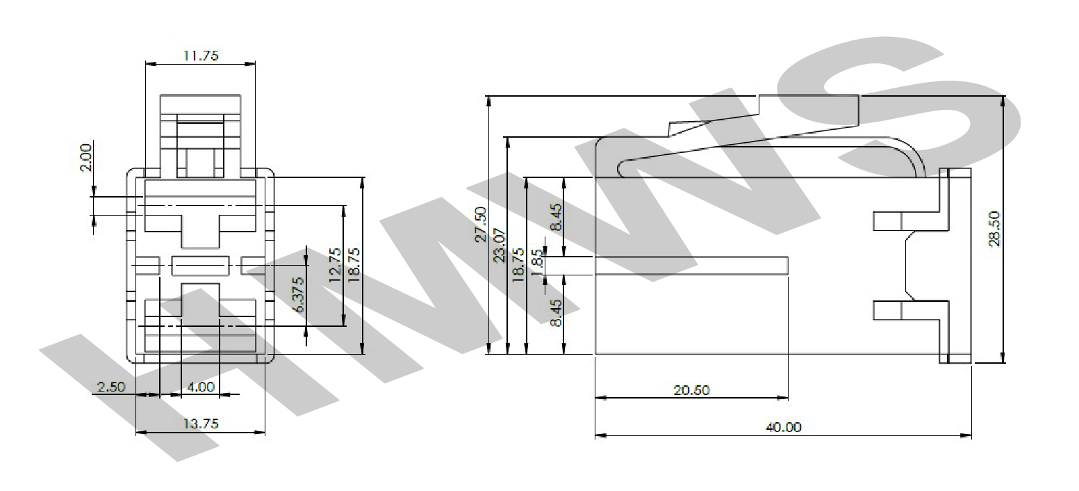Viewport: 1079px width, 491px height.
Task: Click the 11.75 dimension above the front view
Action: [x=201, y=56]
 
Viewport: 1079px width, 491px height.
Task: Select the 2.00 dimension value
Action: [x=85, y=157]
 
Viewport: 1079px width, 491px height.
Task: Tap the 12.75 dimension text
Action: [x=335, y=265]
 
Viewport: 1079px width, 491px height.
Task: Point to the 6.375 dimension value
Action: [x=298, y=295]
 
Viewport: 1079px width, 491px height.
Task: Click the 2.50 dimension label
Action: [x=110, y=387]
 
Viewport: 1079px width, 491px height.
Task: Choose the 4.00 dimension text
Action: [x=200, y=387]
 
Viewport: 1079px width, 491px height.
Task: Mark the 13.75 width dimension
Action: [x=201, y=424]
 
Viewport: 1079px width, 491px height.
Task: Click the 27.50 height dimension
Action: [x=481, y=224]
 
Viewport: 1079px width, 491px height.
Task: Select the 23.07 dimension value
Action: [x=500, y=245]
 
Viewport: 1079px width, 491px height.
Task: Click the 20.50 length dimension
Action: [x=692, y=389]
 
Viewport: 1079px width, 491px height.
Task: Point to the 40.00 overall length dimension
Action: [x=784, y=427]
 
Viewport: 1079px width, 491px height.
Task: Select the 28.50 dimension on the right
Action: [x=994, y=229]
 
